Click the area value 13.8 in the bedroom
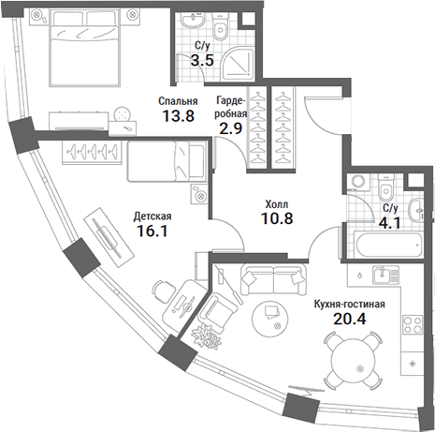tap(179, 116)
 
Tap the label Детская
tap(152, 216)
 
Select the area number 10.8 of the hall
tap(277, 218)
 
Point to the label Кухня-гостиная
tap(349, 304)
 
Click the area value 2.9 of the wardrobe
tap(231, 128)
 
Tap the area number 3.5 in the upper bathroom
tap(202, 60)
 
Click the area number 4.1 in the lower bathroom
tap(389, 223)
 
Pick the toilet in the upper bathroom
tap(221, 25)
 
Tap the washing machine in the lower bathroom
tap(355, 182)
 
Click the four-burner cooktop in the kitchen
tap(413, 325)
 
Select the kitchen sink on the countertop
tap(386, 275)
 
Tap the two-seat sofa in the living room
tap(273, 280)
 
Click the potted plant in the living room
tap(206, 336)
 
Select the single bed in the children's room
tap(167, 161)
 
